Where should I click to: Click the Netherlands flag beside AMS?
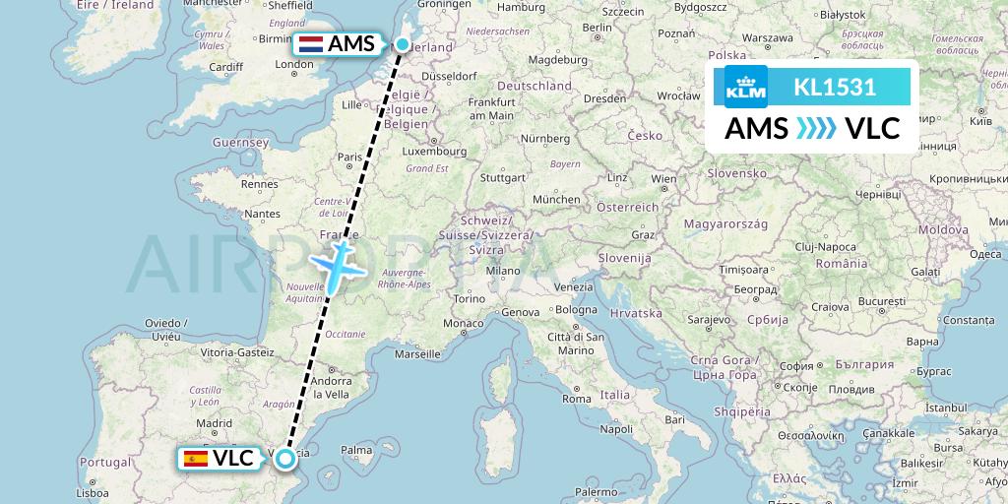(312, 44)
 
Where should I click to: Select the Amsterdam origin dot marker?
(403, 43)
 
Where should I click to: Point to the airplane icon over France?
(339, 264)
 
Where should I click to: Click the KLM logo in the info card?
(745, 87)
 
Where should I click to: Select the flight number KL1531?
(835, 87)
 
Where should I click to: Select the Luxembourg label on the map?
(434, 153)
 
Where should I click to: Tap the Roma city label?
(576, 400)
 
